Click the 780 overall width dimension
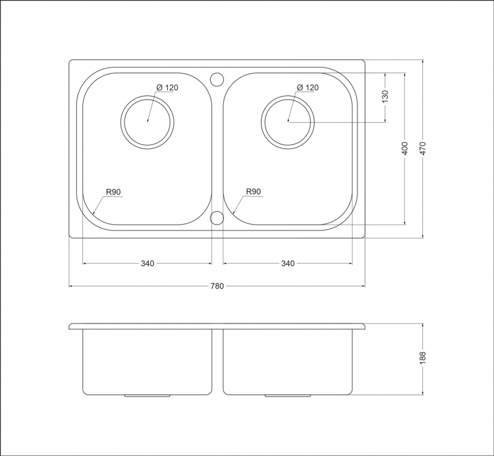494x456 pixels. click(217, 286)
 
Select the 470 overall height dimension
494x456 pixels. click(423, 148)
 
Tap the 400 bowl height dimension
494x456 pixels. click(405, 148)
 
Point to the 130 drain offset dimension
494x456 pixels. click(385, 97)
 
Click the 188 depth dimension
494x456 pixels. click(423, 358)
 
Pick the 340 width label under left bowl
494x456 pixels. click(147, 263)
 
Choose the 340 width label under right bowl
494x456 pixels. click(288, 263)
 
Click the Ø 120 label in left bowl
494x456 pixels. click(167, 87)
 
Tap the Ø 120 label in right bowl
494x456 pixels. click(308, 87)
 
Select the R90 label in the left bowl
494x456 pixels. click(114, 191)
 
